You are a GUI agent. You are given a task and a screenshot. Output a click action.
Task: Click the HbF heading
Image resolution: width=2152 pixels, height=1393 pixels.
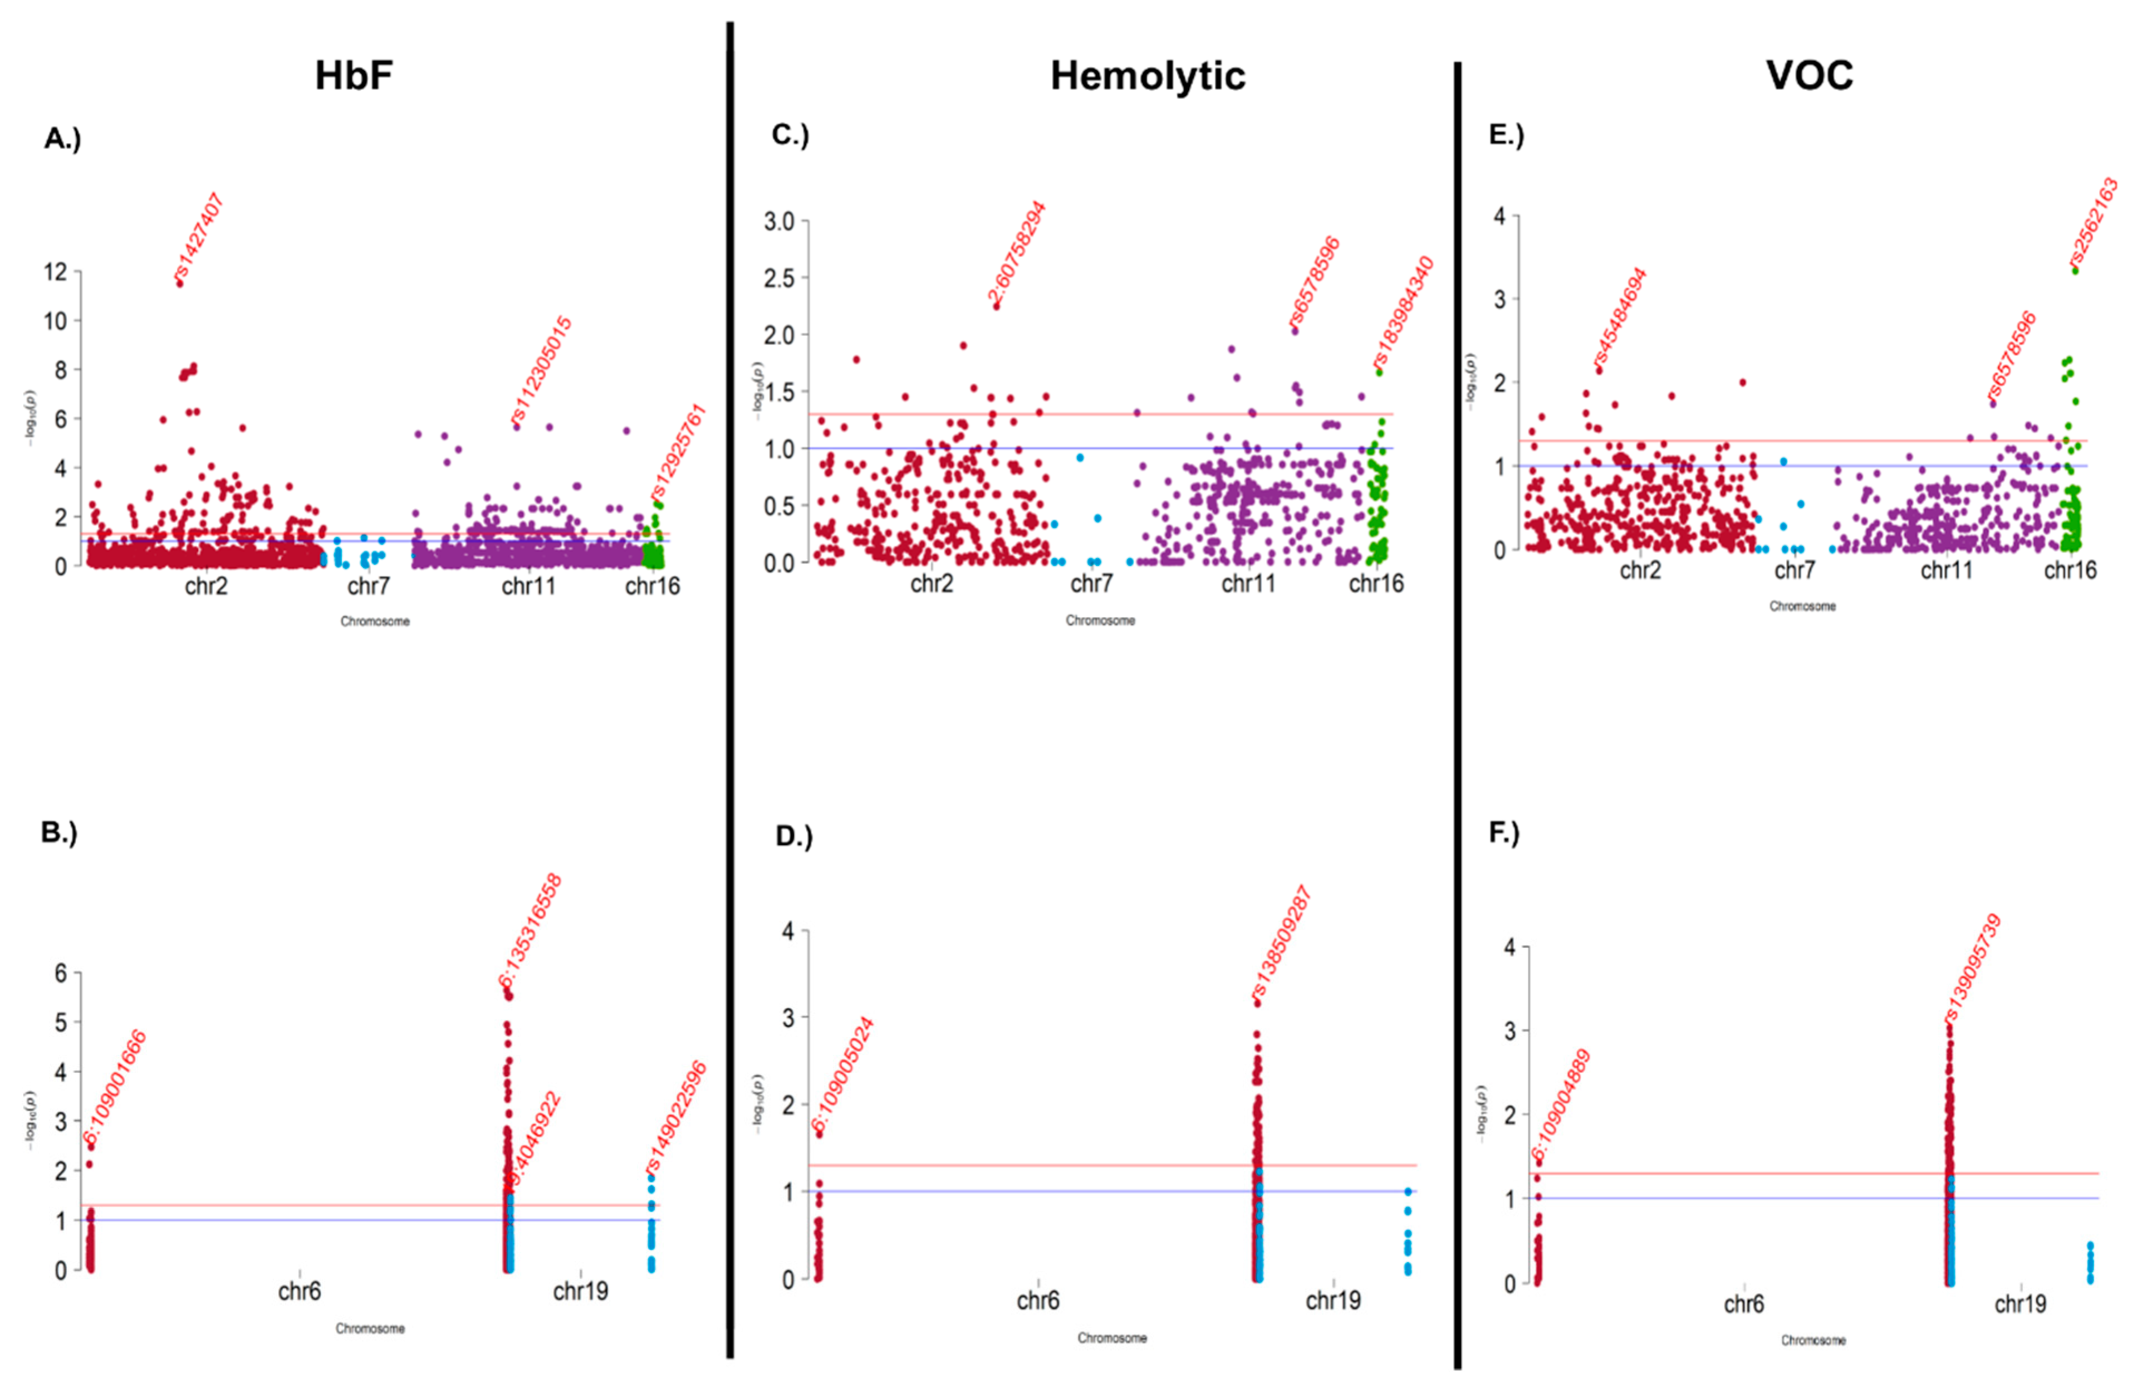pyautogui.click(x=354, y=75)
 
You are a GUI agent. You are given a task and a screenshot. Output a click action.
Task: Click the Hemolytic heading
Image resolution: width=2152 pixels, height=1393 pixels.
pyautogui.click(x=1146, y=75)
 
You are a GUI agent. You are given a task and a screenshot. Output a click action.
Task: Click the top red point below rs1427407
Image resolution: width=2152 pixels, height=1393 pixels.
pyautogui.click(x=180, y=283)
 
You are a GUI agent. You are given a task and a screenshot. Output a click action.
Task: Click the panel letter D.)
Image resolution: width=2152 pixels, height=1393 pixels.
pyautogui.click(x=794, y=836)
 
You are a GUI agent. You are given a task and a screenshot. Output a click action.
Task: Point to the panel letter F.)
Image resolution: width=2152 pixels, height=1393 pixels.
pyautogui.click(x=1504, y=832)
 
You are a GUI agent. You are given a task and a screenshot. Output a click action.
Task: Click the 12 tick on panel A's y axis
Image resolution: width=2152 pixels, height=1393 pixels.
pyautogui.click(x=55, y=271)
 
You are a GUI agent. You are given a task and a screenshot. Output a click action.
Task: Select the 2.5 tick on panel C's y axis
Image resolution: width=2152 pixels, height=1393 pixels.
pyautogui.click(x=778, y=278)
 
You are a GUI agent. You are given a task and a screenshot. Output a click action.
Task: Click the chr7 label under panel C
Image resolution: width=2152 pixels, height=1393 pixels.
pyautogui.click(x=1091, y=583)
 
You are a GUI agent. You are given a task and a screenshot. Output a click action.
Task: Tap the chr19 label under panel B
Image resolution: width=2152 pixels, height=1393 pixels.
pyautogui.click(x=580, y=1291)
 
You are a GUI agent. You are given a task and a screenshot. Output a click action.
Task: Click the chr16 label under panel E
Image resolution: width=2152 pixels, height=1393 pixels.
pyautogui.click(x=2070, y=570)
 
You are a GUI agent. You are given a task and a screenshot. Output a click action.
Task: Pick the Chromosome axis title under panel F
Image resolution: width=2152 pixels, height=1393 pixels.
pyautogui.click(x=1813, y=1340)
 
